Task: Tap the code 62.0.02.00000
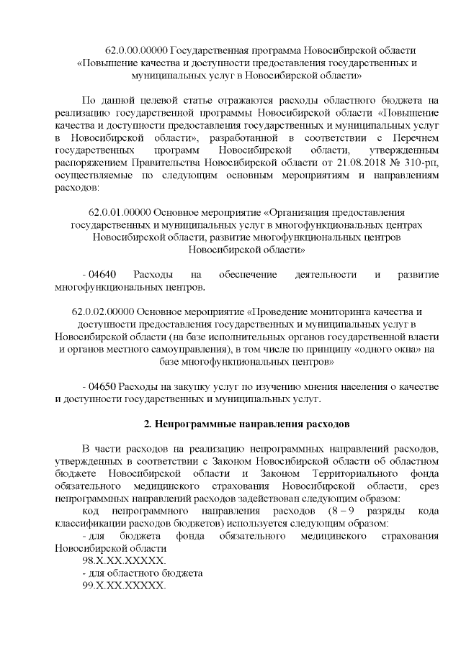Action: pos(103,311)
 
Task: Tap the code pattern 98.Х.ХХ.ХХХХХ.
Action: pos(124,560)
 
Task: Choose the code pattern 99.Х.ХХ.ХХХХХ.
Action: pos(124,586)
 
